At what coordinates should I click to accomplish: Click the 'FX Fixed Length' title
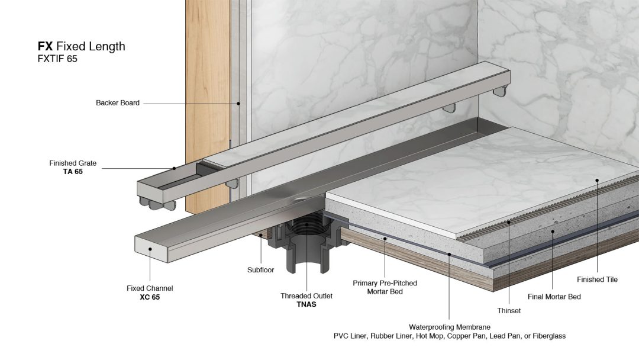click(x=82, y=46)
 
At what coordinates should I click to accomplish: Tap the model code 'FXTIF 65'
click(x=57, y=59)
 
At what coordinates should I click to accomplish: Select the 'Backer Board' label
click(x=118, y=103)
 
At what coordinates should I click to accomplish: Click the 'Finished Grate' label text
click(x=73, y=163)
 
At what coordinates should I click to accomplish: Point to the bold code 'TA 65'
click(x=73, y=172)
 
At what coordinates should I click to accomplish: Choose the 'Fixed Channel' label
click(x=150, y=288)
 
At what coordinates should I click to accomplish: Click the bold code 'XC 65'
click(x=150, y=297)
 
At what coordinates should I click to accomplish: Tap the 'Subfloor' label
click(x=261, y=270)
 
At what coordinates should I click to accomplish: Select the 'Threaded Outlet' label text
click(x=306, y=296)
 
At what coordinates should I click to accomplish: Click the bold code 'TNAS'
click(x=306, y=304)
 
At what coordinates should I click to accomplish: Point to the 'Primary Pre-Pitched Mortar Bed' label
click(x=385, y=287)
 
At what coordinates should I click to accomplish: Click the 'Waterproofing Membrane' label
click(x=450, y=327)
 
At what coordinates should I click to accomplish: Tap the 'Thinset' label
click(x=509, y=311)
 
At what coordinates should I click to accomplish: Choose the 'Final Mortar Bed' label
click(x=554, y=297)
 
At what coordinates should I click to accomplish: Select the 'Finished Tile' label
click(x=597, y=279)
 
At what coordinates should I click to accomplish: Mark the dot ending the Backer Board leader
click(x=238, y=104)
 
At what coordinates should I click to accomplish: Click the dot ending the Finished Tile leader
click(x=597, y=180)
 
